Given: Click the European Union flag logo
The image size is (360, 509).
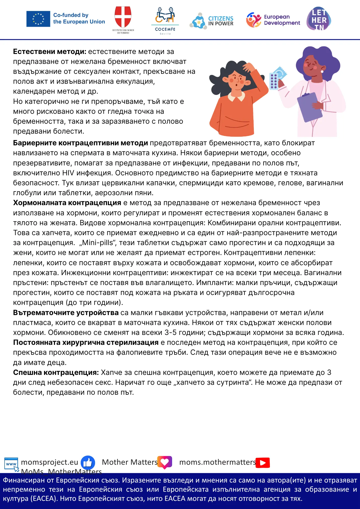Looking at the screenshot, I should coord(38,19).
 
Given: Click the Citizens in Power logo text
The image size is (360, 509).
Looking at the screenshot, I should coord(220,21).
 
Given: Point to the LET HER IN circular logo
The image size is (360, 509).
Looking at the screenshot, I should coord(319,19).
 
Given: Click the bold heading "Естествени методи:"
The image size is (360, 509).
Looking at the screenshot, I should coord(50,52).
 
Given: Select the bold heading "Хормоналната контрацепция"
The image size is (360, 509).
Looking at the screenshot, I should coord(67,203).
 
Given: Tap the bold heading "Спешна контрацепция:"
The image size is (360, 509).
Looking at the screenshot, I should coord(56,373).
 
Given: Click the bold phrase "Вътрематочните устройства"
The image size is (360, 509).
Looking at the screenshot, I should coord(66,313).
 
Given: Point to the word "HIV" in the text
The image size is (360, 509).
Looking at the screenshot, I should coord(68,173).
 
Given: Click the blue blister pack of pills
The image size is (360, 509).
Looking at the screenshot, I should coord(274,81).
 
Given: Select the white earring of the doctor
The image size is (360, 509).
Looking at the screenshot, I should coord(322,72).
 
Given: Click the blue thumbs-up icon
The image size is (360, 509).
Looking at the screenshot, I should coord(88,462).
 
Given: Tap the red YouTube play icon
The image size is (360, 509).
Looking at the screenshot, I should coord(263,462).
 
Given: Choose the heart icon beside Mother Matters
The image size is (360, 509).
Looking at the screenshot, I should coord(165,462).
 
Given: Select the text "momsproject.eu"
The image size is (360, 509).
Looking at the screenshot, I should coord(49,462).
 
